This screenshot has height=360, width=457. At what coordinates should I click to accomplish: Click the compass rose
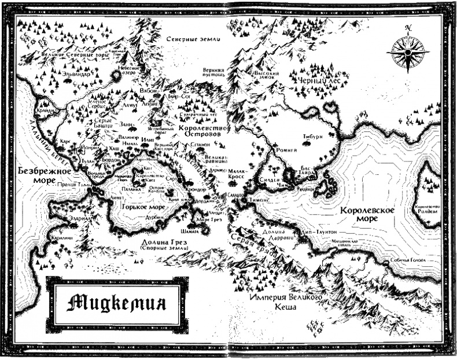pos(408,52)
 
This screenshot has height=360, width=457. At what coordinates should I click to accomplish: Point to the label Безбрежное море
pos(44,176)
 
